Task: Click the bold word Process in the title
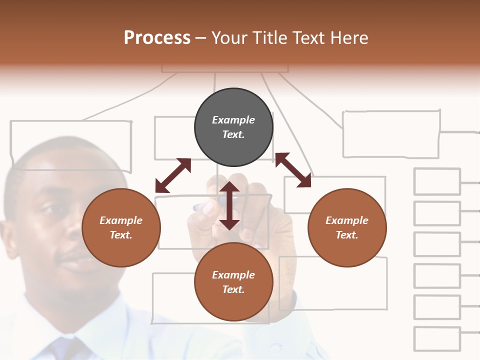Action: coord(157,38)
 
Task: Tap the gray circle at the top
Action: coord(233,127)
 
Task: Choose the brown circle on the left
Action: coord(121,227)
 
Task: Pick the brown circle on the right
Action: coord(347,227)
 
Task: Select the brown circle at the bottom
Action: coord(233,282)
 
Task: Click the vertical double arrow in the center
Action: coord(229,205)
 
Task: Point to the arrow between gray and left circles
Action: coord(173,175)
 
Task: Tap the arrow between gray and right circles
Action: coord(293,170)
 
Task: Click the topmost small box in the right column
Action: coord(437,181)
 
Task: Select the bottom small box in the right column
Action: coord(437,339)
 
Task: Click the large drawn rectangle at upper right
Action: coord(391,134)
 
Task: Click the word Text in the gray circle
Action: coord(233,134)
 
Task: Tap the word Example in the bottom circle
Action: coord(233,275)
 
